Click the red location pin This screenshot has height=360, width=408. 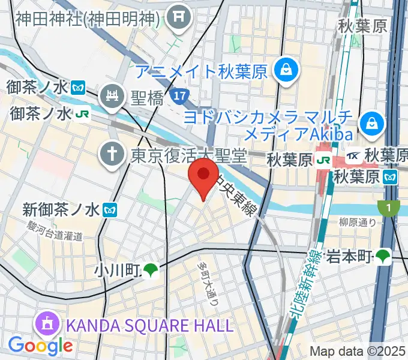click(203, 175)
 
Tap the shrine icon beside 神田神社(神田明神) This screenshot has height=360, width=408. click(178, 19)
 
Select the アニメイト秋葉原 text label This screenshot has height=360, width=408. click(201, 71)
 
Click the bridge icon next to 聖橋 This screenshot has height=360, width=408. click(112, 95)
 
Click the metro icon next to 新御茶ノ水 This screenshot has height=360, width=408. click(110, 210)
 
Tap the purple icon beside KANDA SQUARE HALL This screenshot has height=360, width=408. click(46, 325)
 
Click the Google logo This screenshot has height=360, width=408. click(40, 346)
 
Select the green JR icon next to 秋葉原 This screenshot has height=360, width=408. click(323, 160)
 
